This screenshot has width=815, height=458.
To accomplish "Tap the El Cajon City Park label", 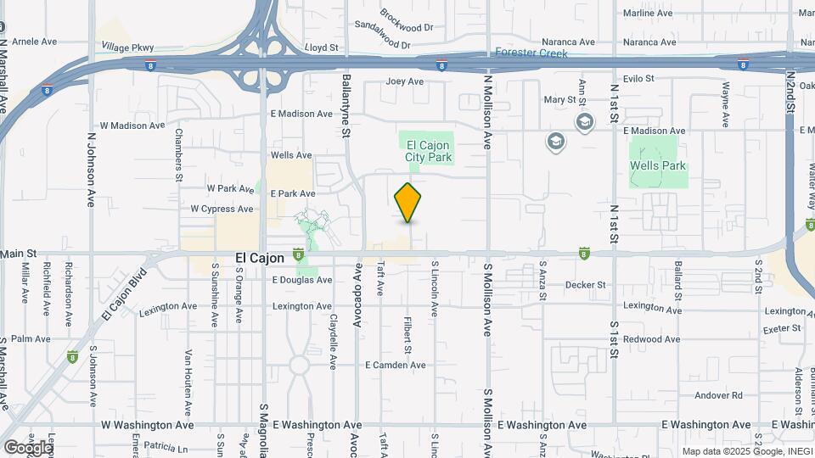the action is tap(428, 151).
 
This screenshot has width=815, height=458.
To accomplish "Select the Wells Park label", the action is tap(657, 166).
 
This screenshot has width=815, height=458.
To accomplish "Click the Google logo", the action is tap(27, 447).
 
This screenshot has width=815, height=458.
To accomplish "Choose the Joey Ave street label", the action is tap(404, 81).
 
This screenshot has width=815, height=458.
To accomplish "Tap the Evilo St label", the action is tap(637, 79).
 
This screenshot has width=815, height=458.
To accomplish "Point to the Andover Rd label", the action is tap(718, 395).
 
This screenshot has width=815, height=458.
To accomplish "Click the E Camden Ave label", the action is tap(395, 365).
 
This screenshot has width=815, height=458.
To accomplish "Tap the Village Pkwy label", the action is tap(128, 47).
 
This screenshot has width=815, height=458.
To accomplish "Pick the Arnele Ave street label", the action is tap(34, 41).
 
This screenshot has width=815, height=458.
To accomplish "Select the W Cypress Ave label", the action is tap(222, 209).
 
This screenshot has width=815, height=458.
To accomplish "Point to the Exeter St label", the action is tap(782, 328).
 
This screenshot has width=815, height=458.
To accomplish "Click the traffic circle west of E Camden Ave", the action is tap(299, 366).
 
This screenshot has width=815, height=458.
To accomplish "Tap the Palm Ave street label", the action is tap(31, 339).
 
